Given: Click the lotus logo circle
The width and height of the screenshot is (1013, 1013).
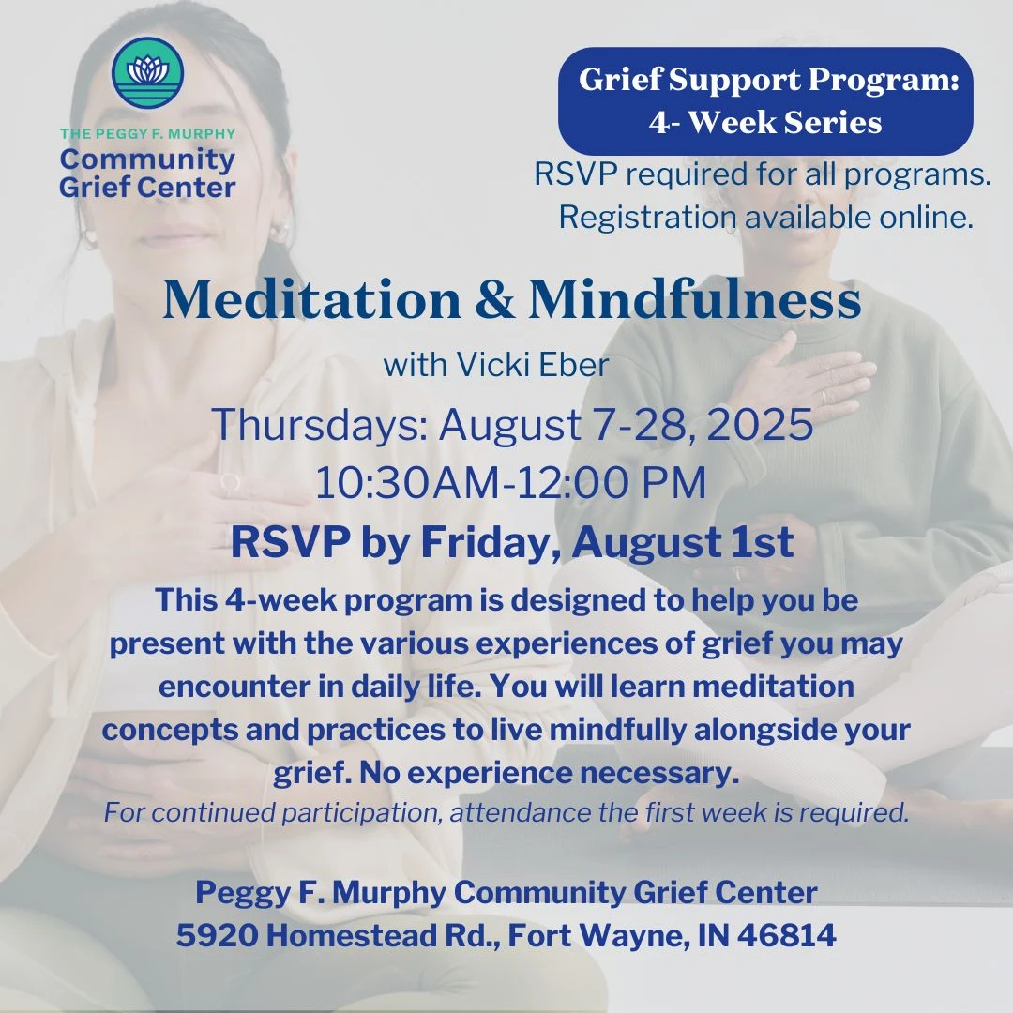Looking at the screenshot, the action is (x=148, y=73).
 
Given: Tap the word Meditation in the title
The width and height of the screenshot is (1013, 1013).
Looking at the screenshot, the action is (x=312, y=300).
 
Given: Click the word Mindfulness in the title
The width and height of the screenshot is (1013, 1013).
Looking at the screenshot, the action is (x=695, y=300).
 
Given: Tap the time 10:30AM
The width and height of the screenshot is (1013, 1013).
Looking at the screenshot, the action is (x=407, y=483).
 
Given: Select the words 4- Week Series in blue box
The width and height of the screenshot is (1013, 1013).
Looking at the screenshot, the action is (x=765, y=122).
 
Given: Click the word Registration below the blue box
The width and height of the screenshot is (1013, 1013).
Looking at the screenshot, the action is (x=647, y=217).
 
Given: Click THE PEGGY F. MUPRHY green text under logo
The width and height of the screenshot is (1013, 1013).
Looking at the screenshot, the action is (x=148, y=134).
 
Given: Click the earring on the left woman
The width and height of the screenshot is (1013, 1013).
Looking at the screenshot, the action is (x=280, y=231).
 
